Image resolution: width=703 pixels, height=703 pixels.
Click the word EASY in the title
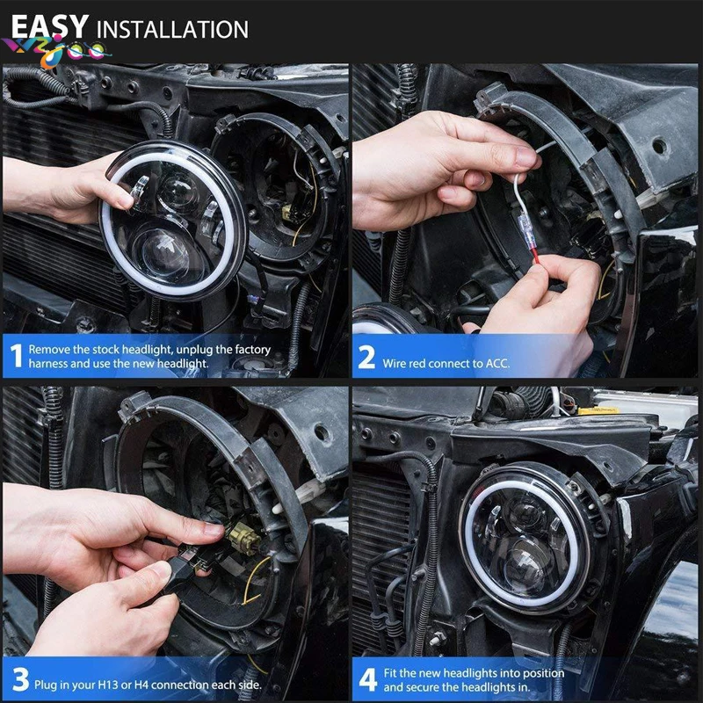click(x=49, y=27)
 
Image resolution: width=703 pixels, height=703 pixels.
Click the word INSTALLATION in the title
click(x=172, y=30)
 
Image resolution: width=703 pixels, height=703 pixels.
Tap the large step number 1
click(x=17, y=356)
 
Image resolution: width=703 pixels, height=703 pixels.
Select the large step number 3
click(x=20, y=679)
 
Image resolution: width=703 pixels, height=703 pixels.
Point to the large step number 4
click(x=368, y=679)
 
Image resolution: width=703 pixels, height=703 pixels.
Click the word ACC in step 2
click(x=497, y=363)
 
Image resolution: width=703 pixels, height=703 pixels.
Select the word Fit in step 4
click(x=390, y=672)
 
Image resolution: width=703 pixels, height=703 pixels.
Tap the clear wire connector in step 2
click(x=525, y=231)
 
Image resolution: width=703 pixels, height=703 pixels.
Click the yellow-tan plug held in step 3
click(x=243, y=538)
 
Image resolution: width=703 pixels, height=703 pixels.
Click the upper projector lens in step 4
click(x=525, y=512)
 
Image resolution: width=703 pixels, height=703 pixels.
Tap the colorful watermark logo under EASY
click(x=56, y=52)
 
